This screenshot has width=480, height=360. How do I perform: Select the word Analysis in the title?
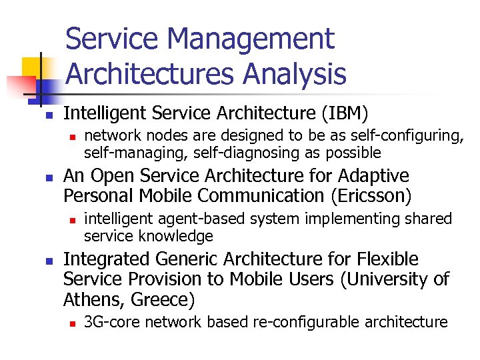tap(295, 73)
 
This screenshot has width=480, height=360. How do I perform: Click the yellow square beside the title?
tap(33, 67)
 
